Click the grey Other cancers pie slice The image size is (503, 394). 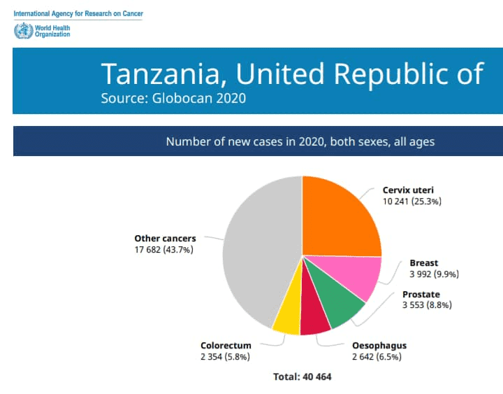260,251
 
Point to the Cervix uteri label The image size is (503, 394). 408,190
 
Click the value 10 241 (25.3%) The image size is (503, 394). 412,202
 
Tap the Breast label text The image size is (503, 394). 424,263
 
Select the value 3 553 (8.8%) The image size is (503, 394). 427,304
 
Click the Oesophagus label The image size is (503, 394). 379,346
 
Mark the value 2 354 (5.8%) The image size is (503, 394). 225,357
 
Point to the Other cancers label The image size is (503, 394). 165,239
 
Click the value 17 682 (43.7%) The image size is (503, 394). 164,250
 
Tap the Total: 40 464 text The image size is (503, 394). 302,377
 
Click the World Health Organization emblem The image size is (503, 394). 24,31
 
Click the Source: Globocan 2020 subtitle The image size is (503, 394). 173,99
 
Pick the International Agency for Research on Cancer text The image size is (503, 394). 78,13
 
